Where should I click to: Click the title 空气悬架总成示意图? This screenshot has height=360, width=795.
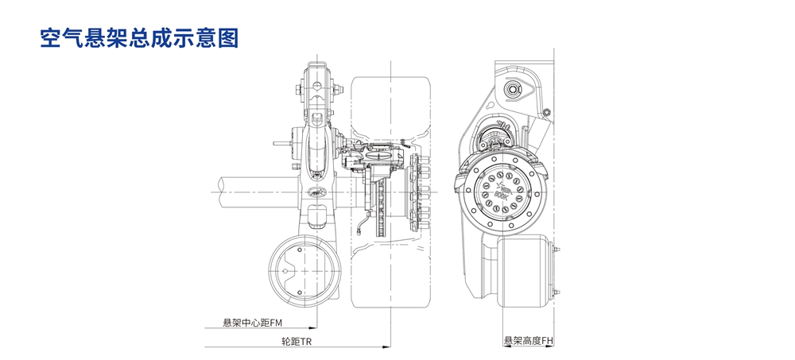(x=139, y=38)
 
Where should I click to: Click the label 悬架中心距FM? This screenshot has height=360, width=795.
(x=253, y=323)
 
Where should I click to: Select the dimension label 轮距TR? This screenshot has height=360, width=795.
(x=297, y=341)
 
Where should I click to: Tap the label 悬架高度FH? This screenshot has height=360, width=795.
(x=528, y=341)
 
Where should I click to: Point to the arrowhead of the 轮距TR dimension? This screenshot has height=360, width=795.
(x=386, y=347)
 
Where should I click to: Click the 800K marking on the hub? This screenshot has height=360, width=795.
(x=501, y=192)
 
